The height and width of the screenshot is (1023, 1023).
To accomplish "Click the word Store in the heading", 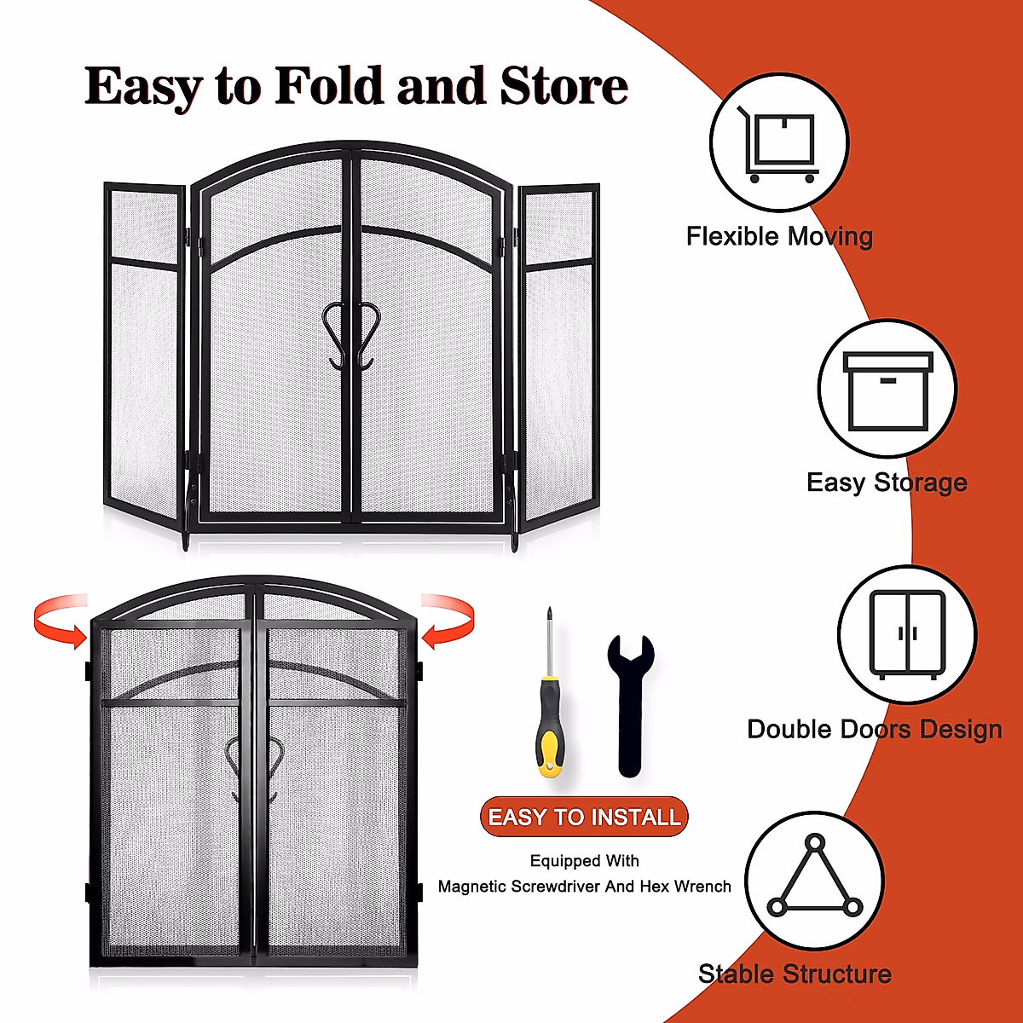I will click(564, 87).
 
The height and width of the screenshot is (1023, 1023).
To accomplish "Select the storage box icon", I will click(887, 390).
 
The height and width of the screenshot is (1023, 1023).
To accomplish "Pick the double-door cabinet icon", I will click(907, 634).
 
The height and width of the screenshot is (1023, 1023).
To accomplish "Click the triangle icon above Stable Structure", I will click(815, 880).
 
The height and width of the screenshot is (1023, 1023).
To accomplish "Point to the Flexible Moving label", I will click(779, 236).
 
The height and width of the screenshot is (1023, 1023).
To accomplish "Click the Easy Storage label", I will click(887, 483).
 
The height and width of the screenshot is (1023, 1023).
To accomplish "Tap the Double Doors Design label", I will click(874, 729).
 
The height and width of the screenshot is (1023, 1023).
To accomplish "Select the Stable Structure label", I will click(795, 974).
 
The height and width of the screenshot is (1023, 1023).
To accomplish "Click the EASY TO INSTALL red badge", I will click(584, 817).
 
